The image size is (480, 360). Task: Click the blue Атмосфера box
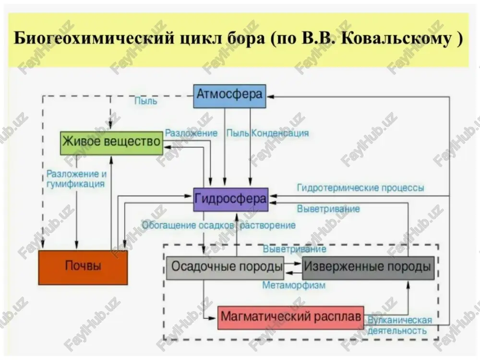pyautogui.click(x=229, y=96)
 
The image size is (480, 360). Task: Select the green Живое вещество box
pyautogui.click(x=111, y=143)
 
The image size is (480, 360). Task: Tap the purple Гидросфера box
pyautogui.click(x=231, y=200)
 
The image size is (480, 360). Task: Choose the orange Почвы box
pyautogui.click(x=83, y=267)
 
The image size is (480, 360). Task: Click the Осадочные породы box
pyautogui.click(x=225, y=268)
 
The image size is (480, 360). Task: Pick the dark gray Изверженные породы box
pyautogui.click(x=368, y=268)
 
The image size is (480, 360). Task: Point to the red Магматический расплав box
pyautogui.click(x=291, y=318)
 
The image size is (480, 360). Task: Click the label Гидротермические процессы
pyautogui.click(x=360, y=188)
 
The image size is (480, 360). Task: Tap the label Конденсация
pyautogui.click(x=280, y=133)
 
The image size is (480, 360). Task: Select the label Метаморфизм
pyautogui.click(x=294, y=285)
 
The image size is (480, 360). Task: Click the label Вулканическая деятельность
pyautogui.click(x=400, y=325)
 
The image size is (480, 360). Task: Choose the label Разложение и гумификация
pyautogui.click(x=76, y=179)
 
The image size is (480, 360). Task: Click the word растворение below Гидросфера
pyautogui.click(x=268, y=226)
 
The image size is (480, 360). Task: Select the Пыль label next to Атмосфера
pyautogui.click(x=146, y=101)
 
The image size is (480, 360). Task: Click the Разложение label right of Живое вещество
pyautogui.click(x=192, y=133)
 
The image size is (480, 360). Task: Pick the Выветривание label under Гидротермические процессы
pyautogui.click(x=328, y=209)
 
